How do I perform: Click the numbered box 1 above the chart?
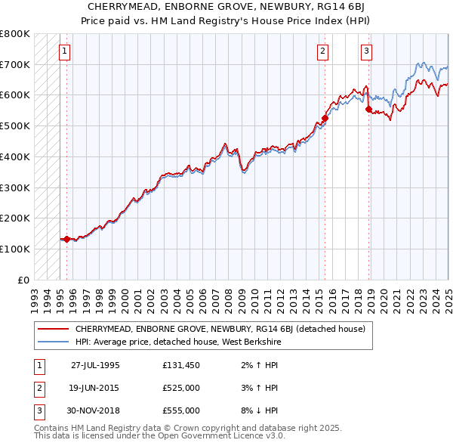pos(64,51)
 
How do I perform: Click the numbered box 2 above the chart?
pos(323,51)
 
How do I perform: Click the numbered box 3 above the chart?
pos(366,51)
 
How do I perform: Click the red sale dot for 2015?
pos(325,118)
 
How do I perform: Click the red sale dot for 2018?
pos(369,109)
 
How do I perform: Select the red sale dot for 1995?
pos(66,239)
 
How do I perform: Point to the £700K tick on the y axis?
pos(15,64)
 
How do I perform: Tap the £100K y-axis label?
pos(15,249)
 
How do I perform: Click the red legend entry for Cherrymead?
pos(220,329)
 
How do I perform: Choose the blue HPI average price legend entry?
pos(178,342)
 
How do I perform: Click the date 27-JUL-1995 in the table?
pos(95,364)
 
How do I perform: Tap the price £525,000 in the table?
pos(181,388)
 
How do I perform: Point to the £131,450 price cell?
pos(181,364)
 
